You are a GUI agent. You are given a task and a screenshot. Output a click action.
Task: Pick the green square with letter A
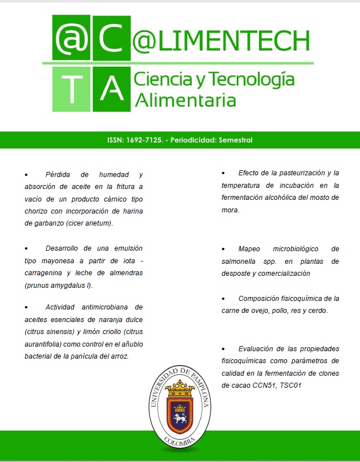point(111,89)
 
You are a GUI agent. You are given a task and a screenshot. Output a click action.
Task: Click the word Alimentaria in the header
point(185,100)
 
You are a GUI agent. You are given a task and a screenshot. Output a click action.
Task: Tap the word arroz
point(119,356)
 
